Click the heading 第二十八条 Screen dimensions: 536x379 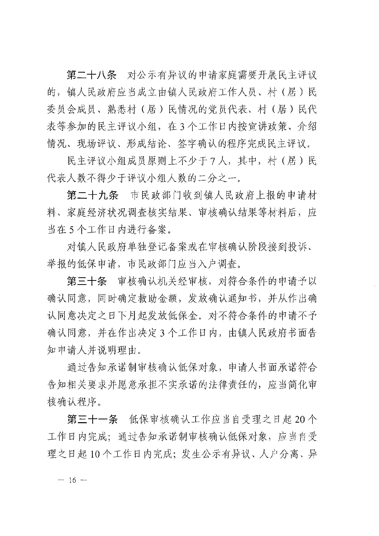pos(92,75)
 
